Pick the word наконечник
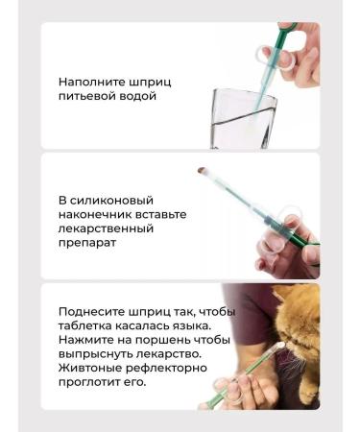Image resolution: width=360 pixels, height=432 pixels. click(95, 215)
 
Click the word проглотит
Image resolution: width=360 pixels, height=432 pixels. click(94, 382)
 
